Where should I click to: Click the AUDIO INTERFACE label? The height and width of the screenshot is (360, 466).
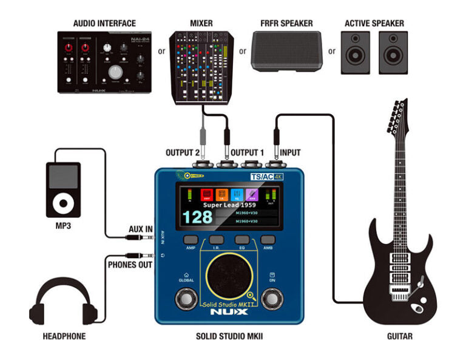click(x=104, y=23)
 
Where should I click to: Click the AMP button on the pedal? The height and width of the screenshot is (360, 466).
click(x=191, y=240)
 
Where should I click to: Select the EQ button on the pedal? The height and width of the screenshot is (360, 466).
click(x=242, y=240)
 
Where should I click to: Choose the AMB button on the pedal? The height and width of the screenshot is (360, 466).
click(x=268, y=240)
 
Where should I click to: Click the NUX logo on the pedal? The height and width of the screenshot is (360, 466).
click(x=229, y=311)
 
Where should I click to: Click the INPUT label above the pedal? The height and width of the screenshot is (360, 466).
click(x=288, y=152)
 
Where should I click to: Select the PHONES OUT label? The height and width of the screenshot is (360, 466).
click(x=130, y=265)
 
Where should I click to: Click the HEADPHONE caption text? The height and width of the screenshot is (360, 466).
click(x=64, y=336)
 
